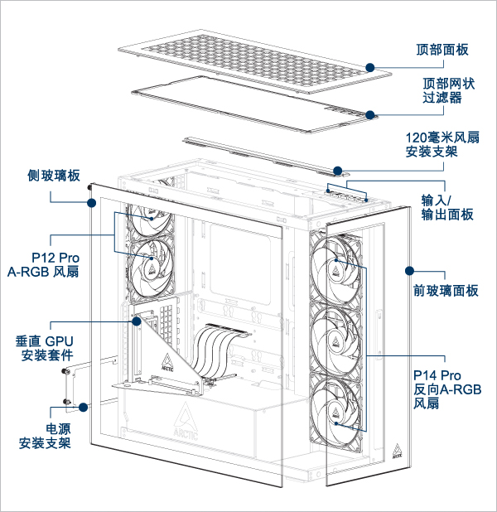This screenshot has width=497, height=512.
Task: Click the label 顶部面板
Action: (442, 49)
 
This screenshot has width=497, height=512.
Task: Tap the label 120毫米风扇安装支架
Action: (442, 144)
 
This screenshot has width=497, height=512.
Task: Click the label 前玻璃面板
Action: (446, 291)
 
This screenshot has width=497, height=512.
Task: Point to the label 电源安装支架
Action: (45, 437)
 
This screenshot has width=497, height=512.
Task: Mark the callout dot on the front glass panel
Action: (408, 270)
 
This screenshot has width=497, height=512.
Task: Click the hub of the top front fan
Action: (336, 265)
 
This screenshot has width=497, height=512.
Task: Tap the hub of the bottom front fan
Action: (336, 412)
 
